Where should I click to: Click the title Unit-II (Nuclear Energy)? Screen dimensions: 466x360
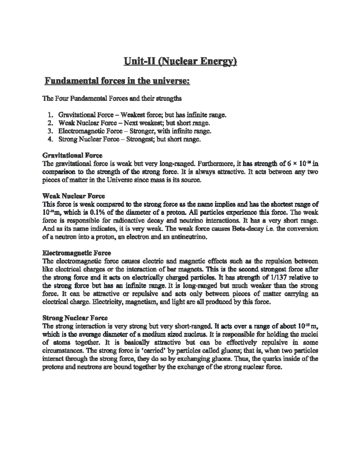pyautogui.click(x=180, y=62)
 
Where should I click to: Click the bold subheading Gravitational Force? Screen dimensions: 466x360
pyautogui.click(x=72, y=155)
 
